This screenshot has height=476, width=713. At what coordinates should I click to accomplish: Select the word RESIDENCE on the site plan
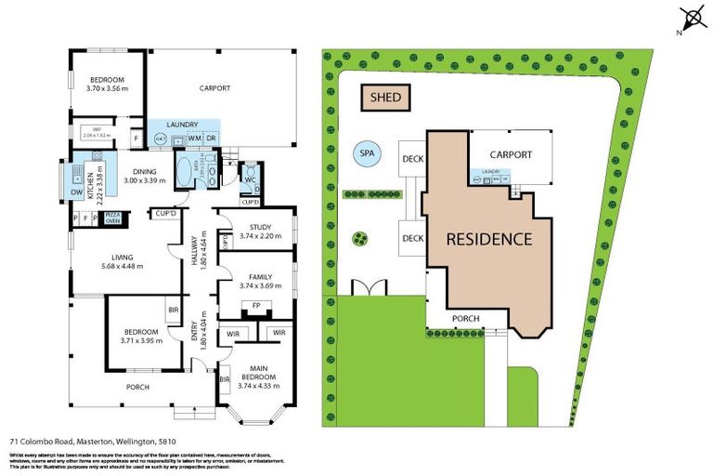(x=489, y=239)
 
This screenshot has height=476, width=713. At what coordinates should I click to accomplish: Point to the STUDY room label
(x=254, y=228)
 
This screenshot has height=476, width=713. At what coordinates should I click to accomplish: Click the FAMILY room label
(x=254, y=277)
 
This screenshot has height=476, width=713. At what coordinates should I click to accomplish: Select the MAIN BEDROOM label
(x=256, y=373)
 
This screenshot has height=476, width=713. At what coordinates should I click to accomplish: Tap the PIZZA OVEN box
(x=112, y=218)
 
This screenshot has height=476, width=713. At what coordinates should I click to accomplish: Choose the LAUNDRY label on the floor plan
(x=182, y=125)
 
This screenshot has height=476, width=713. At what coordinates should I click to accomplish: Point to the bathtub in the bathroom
(x=183, y=172)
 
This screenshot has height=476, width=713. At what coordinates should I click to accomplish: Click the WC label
(x=250, y=178)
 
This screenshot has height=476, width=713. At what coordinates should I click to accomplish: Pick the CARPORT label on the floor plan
(x=214, y=89)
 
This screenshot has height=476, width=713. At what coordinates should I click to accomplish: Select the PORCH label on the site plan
(x=465, y=319)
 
